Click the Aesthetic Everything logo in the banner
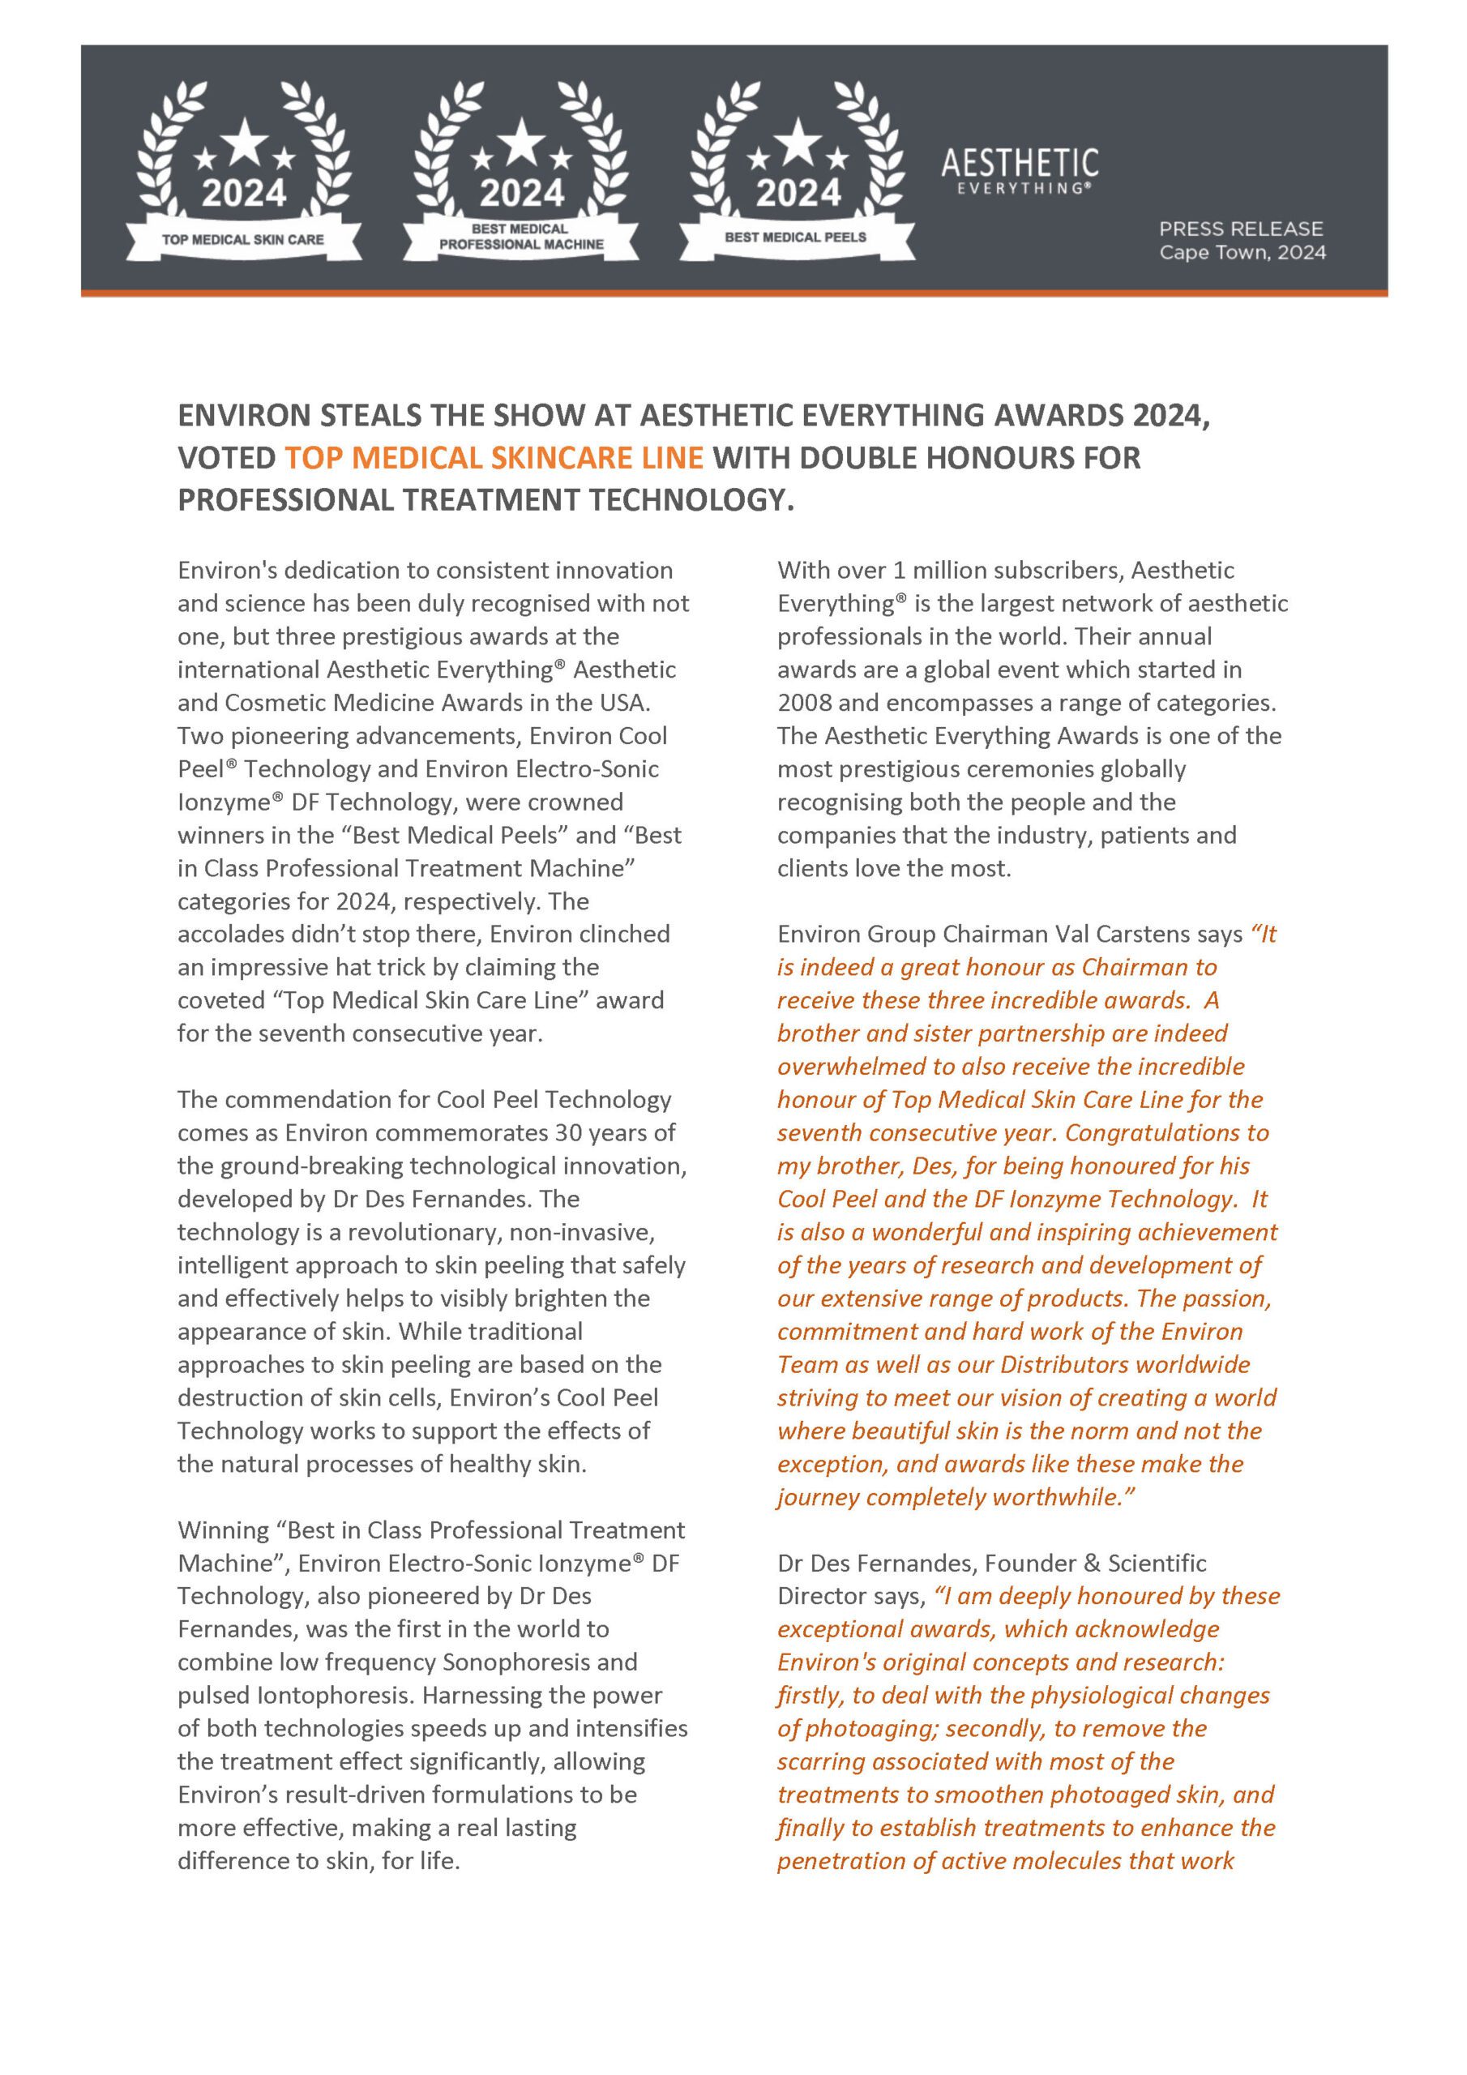(x=1019, y=171)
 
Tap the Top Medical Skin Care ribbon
(x=242, y=239)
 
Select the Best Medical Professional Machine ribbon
(x=520, y=237)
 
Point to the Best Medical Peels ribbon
(x=795, y=237)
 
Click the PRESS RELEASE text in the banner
(x=1240, y=229)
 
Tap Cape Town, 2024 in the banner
(x=1242, y=252)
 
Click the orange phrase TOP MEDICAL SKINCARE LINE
(x=494, y=457)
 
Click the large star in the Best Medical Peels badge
(x=798, y=143)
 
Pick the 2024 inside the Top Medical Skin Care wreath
(x=243, y=192)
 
